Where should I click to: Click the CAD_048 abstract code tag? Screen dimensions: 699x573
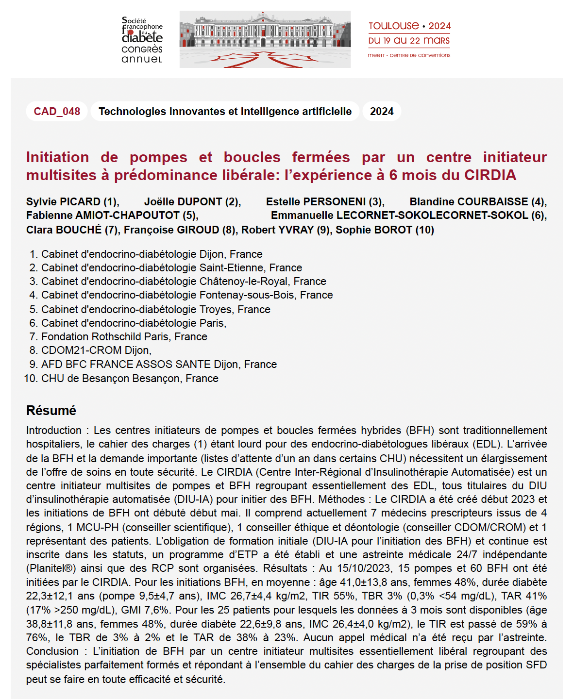click(x=57, y=111)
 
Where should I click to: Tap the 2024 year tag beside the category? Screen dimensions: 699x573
click(x=382, y=111)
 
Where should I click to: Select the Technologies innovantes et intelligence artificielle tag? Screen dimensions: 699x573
click(x=225, y=111)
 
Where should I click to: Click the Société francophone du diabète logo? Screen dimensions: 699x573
click(x=142, y=40)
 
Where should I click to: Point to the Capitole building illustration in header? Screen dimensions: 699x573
click(x=265, y=39)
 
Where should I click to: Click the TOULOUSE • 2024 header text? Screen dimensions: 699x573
click(x=409, y=26)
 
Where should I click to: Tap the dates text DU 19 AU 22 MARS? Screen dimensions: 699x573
click(x=409, y=41)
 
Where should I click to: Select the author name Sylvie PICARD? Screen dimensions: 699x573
click(x=63, y=201)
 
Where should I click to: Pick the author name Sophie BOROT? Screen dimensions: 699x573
click(x=374, y=230)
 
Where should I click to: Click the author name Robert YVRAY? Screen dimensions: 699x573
click(x=278, y=230)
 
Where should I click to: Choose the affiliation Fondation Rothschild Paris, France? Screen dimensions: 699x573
click(x=124, y=336)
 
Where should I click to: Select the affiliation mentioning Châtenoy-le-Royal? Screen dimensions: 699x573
click(x=184, y=281)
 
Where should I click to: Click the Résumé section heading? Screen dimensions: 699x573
click(x=51, y=410)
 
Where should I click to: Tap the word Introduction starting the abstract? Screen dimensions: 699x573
click(x=54, y=430)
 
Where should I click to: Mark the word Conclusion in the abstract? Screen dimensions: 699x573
click(x=52, y=651)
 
